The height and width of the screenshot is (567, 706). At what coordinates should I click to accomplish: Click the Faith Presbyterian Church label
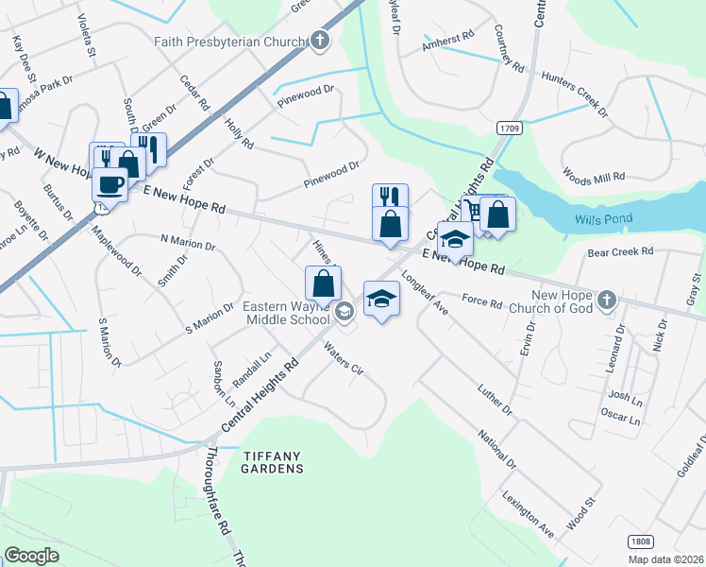coord(231,42)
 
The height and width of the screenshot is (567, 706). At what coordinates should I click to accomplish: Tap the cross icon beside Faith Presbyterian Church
coord(321,41)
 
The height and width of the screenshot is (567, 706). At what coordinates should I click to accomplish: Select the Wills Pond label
coord(604,219)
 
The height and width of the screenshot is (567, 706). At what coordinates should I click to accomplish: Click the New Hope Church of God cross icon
coord(606,300)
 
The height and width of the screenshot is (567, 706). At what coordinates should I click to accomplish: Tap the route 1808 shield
coord(638,541)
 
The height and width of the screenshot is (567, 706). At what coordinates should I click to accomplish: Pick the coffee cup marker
coord(109,184)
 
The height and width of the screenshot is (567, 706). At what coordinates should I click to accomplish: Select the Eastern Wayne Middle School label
coord(285,314)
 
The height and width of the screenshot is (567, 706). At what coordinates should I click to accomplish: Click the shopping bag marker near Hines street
coord(323,283)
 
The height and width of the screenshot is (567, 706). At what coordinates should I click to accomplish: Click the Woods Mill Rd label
coord(595,176)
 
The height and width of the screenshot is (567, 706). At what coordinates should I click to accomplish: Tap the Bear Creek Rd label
coord(620,252)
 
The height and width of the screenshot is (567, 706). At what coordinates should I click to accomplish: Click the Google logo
coord(31,555)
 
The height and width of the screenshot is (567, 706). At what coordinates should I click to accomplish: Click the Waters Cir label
coord(344,359)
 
